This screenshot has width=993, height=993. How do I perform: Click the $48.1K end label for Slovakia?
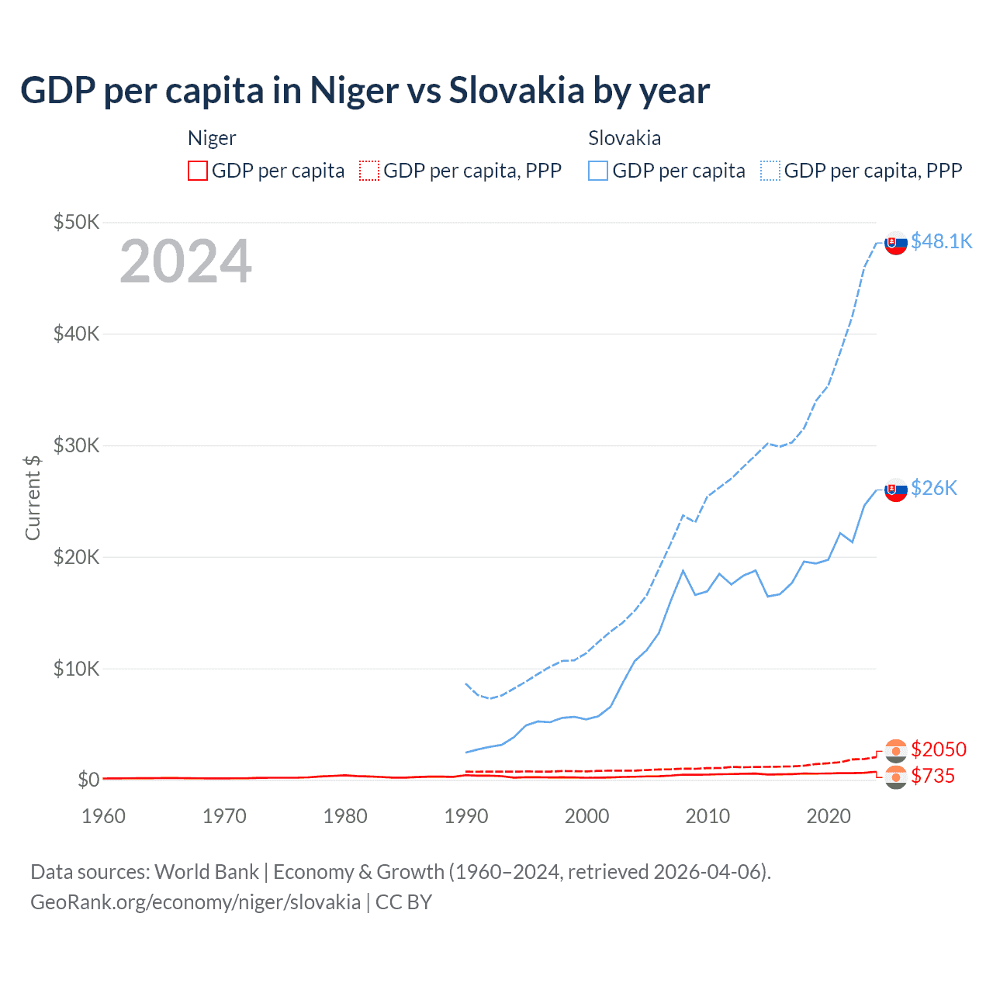click(941, 241)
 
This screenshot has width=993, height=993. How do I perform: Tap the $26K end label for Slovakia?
click(933, 488)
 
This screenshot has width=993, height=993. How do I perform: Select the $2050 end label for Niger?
click(938, 749)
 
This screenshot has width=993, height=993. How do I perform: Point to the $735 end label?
click(932, 776)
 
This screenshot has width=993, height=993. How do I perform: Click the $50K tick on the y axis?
click(76, 223)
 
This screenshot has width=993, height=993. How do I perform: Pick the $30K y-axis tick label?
click(76, 445)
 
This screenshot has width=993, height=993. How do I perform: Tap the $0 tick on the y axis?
click(88, 780)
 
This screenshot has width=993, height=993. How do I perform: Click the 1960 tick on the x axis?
click(103, 816)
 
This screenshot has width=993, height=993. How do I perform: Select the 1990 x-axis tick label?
click(466, 816)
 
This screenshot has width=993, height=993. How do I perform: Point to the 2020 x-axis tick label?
click(829, 816)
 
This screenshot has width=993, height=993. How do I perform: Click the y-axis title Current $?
click(33, 497)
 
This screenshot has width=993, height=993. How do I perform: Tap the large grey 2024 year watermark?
click(185, 261)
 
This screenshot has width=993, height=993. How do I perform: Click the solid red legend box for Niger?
click(198, 171)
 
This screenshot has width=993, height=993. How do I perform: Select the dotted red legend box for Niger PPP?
click(369, 171)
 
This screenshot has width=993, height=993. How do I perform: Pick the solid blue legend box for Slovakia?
click(598, 171)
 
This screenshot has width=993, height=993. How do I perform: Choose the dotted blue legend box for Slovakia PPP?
click(770, 171)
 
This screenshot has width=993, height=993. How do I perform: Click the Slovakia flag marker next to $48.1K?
click(896, 243)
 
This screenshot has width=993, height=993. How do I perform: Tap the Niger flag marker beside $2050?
click(896, 750)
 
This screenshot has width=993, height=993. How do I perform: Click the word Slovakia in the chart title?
click(517, 90)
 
